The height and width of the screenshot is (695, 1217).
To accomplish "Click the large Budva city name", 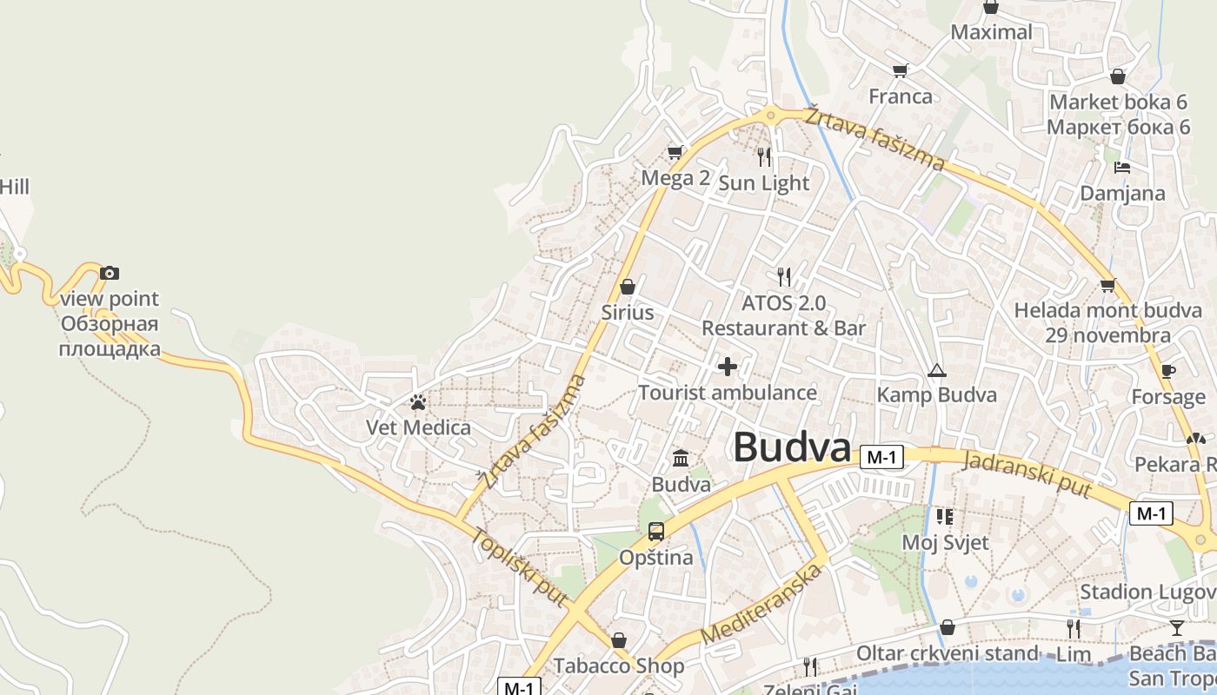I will pos(791,448).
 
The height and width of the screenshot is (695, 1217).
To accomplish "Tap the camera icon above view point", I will pos(109,273).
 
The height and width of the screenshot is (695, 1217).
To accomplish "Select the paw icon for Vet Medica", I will pos(418,402).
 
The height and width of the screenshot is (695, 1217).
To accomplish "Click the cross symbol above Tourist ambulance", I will pos(728,367).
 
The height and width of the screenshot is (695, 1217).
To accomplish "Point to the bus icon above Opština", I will pos(656,531).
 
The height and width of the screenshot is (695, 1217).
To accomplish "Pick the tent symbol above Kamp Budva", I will pos(936,371).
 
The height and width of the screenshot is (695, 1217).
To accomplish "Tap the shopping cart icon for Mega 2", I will pos(675,153).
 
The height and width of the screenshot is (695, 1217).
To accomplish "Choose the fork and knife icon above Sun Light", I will pos(764,156).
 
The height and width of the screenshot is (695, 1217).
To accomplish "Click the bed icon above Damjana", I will pos(1122,167).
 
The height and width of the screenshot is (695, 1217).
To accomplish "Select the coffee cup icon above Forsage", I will pos(1168,371).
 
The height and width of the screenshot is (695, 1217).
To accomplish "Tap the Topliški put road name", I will pos(520,566).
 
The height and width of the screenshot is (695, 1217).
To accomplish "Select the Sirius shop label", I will pos(628,312).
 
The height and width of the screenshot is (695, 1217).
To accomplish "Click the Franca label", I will pos(901,96).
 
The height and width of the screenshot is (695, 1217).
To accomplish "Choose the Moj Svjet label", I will pos(945,543).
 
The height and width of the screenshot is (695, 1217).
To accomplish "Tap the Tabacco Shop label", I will pos(619,666).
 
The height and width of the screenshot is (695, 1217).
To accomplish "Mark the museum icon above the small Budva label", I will pos(681,458).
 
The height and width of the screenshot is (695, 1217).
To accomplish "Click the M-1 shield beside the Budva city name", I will pos(881,457).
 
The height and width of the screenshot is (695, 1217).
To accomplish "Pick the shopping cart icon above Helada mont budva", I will pos(1107,285).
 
